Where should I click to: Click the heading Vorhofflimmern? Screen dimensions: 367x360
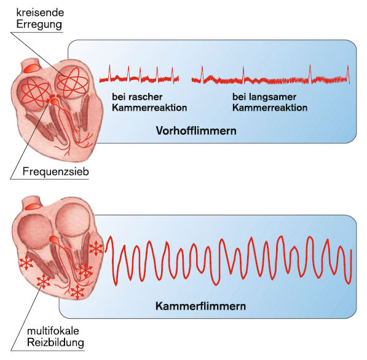click(x=196, y=130)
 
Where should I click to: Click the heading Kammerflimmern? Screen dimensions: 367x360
click(x=200, y=306)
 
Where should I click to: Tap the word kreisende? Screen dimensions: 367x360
click(x=40, y=12)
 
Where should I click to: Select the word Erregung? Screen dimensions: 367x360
click(x=39, y=25)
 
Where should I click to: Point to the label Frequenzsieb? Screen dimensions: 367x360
click(x=56, y=172)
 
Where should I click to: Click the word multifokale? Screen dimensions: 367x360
click(x=53, y=331)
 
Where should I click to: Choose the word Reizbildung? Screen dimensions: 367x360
click(x=55, y=343)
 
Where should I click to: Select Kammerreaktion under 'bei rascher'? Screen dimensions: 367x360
click(x=149, y=108)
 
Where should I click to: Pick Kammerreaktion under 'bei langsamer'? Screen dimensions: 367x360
click(x=270, y=108)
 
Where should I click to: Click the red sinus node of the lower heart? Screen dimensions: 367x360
click(x=33, y=207)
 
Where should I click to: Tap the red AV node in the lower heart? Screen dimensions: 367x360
click(x=54, y=239)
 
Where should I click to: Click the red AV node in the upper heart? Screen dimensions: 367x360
click(x=54, y=102)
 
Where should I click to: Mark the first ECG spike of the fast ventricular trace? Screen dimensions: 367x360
click(x=109, y=73)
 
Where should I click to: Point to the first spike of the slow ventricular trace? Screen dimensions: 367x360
click(x=202, y=74)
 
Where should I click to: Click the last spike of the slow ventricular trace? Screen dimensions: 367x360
click(x=348, y=73)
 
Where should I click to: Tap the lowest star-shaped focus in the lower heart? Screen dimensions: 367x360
click(x=77, y=292)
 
